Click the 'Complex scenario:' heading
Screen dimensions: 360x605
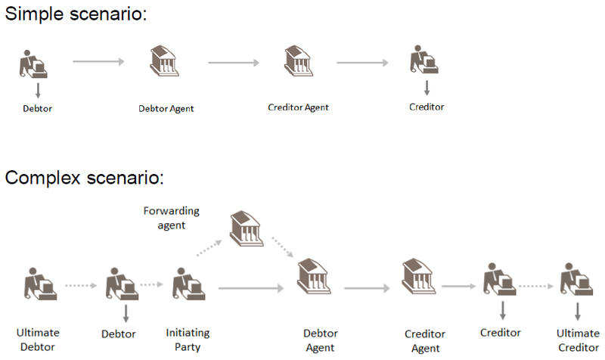pos(85,179)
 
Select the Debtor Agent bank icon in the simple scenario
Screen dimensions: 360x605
pos(164,61)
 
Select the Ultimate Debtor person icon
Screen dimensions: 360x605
pos(39,285)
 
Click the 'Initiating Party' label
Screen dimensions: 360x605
pos(188,339)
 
